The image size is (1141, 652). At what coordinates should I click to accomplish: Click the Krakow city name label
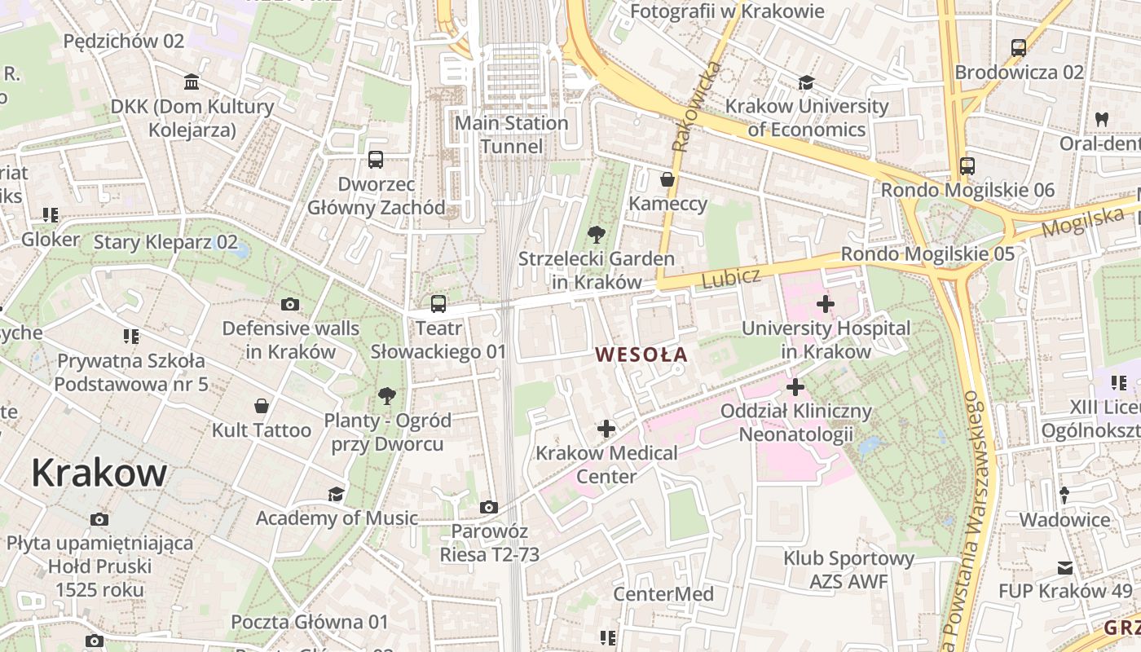(99, 473)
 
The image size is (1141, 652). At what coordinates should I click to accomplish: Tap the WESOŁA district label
(641, 355)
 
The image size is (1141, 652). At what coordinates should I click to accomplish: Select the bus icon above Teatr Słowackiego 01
(438, 304)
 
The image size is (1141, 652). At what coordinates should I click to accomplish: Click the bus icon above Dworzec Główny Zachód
(376, 160)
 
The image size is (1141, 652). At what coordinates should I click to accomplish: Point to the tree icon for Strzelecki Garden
(597, 236)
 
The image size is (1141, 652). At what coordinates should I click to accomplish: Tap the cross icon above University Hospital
(826, 304)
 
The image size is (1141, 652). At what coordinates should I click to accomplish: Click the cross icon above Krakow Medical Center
(606, 428)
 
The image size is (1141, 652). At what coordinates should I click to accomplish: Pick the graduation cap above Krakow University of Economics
(807, 82)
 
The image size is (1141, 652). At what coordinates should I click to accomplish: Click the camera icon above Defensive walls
(290, 304)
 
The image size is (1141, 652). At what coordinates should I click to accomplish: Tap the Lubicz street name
(730, 278)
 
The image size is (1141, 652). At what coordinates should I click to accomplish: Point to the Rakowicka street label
(693, 106)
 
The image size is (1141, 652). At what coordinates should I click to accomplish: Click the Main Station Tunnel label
(511, 134)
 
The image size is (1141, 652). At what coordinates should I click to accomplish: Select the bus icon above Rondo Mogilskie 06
(967, 166)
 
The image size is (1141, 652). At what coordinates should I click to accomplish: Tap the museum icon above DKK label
(192, 82)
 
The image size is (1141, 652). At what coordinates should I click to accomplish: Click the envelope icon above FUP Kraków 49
(1065, 567)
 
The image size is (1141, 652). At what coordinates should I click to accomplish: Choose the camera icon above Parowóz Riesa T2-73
(489, 507)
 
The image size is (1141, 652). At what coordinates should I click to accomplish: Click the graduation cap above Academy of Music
(336, 494)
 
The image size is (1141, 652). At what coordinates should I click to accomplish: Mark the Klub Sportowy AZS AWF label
(848, 570)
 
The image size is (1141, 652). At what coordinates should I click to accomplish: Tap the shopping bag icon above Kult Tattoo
(262, 405)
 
